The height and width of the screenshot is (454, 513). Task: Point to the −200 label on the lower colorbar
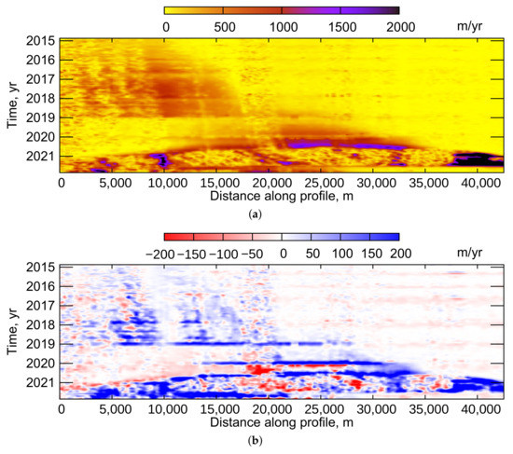coord(181,253)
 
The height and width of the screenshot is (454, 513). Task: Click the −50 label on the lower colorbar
coord(256,253)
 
